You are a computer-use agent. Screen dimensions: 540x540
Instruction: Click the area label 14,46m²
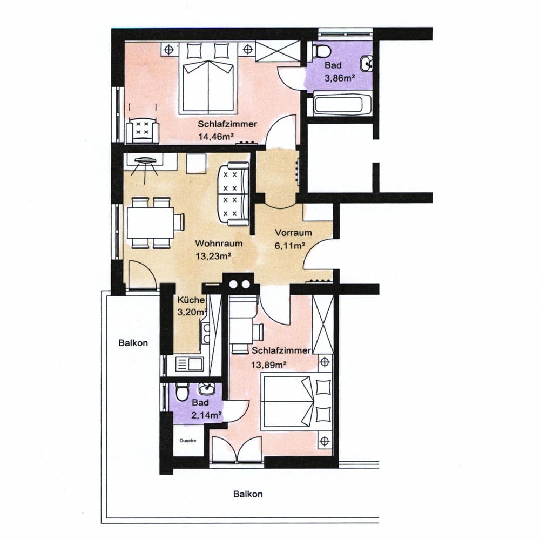(214, 137)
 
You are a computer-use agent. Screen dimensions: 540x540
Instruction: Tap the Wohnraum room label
(219, 244)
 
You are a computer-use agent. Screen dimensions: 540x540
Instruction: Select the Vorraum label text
(293, 233)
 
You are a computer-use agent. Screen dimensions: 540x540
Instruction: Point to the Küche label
(191, 300)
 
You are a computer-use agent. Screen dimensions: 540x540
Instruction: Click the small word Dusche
(188, 441)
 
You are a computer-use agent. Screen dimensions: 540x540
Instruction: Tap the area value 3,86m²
(340, 78)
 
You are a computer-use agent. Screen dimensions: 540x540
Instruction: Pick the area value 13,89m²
(268, 364)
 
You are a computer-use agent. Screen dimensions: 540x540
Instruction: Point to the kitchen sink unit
(190, 363)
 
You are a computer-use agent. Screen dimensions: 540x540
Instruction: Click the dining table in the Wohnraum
(150, 223)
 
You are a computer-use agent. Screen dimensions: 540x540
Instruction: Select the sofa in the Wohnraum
(233, 194)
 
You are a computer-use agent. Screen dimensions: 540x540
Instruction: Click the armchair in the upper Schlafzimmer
(143, 130)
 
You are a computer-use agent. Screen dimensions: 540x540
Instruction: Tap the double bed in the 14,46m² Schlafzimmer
(208, 78)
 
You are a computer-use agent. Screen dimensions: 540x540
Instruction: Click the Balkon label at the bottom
(248, 494)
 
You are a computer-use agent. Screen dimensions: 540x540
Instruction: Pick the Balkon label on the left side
(133, 343)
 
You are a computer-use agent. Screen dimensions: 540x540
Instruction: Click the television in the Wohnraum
(145, 160)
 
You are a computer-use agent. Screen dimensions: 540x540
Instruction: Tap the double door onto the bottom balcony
(237, 449)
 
